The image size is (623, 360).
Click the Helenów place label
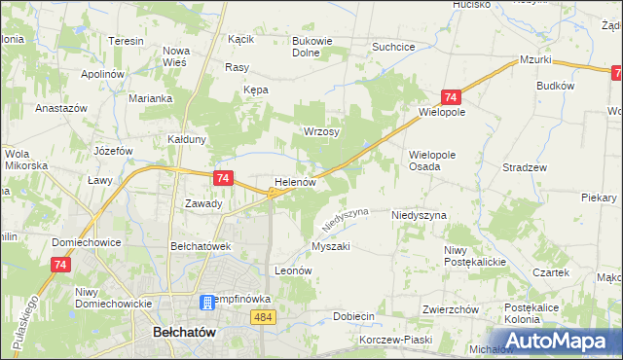tap(296, 182)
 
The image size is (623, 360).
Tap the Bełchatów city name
tap(184, 333)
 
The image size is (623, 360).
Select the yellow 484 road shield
tap(262, 317)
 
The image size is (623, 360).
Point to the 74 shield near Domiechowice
tap(61, 265)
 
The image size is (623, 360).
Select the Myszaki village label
tap(330, 246)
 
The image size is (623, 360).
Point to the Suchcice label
tap(394, 46)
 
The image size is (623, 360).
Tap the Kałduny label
tap(187, 139)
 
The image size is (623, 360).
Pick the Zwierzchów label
tap(451, 309)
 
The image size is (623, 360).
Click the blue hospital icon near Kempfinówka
tap(206, 303)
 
